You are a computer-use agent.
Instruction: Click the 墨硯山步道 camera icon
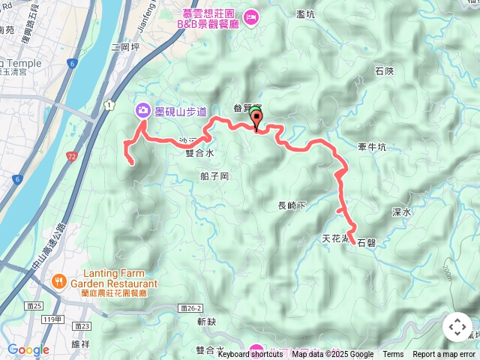coord(142,111)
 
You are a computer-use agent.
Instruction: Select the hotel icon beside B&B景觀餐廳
coord(252,16)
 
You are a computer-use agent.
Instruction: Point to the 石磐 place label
coord(366,243)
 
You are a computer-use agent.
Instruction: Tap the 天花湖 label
coord(334,239)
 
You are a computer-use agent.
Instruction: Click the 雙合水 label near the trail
coord(199,152)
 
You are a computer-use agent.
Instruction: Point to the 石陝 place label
coord(383,71)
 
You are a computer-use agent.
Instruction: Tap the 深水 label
coord(401,212)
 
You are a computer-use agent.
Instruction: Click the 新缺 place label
coord(206,321)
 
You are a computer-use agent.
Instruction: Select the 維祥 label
coord(80,344)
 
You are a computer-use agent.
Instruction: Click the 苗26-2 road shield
coord(191,308)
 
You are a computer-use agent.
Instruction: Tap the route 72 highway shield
coord(71,157)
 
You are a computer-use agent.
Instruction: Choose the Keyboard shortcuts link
coord(250,355)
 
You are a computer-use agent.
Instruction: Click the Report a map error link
coord(443,355)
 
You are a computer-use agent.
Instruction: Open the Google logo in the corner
coord(28,349)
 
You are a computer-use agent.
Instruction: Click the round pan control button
coord(457,328)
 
